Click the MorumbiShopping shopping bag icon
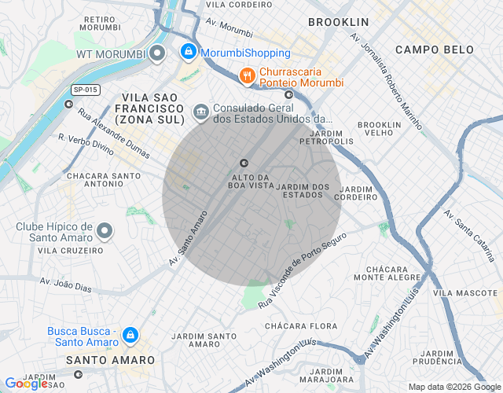point(188,53)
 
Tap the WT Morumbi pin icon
point(156,54)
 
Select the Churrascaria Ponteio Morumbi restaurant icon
point(247,75)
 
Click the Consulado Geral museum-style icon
point(200,112)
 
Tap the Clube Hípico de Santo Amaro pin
point(105,231)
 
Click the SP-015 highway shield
point(84,90)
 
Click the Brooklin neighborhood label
point(338,22)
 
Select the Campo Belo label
point(435,50)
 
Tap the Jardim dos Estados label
point(303,190)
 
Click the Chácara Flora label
point(301,325)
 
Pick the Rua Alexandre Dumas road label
point(113,133)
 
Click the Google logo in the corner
point(26,384)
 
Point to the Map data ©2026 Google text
point(453,386)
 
